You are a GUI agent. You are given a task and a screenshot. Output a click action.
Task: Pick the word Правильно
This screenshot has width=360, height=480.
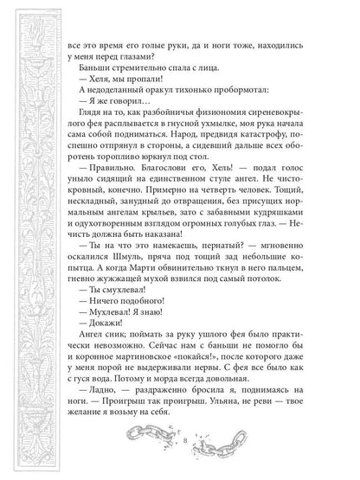[x=108, y=195]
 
